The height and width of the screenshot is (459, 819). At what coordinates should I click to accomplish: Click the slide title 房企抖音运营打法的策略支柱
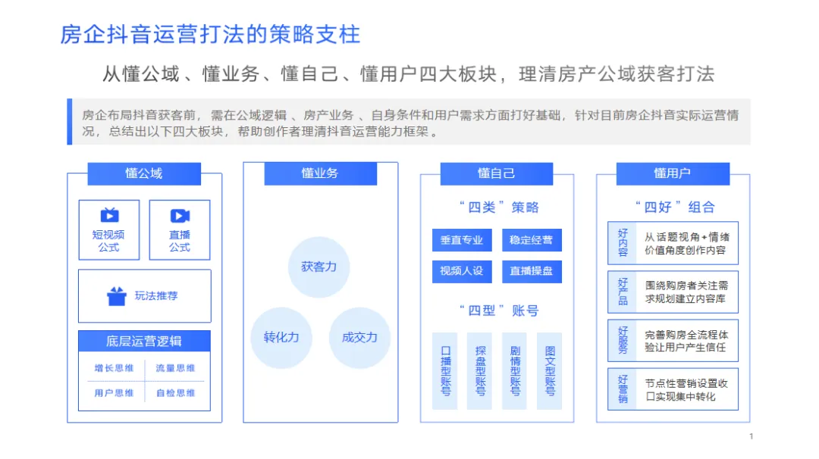[x=210, y=34]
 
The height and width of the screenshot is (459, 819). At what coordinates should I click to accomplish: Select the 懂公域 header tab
[x=144, y=173]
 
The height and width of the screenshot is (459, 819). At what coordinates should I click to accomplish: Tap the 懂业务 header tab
[x=320, y=173]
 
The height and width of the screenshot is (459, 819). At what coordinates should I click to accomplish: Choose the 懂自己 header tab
[x=496, y=173]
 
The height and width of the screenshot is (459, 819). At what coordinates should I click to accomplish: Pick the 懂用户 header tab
[x=672, y=173]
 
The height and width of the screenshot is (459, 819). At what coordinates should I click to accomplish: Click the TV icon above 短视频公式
[x=109, y=216]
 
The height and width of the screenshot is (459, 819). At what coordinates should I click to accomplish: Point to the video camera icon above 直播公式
[x=180, y=216]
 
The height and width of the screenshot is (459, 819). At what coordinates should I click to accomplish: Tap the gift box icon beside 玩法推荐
[x=116, y=296]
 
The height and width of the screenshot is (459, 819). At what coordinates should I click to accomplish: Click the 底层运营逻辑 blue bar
[x=144, y=341]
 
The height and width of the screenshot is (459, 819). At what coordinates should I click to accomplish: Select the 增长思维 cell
[x=114, y=369]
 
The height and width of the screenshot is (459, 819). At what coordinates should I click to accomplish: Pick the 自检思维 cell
[x=175, y=393]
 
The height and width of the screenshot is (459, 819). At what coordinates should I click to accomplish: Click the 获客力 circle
[x=319, y=267]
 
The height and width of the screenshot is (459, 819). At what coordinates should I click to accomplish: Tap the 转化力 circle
[x=281, y=337]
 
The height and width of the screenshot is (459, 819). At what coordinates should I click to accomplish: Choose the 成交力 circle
[x=359, y=337]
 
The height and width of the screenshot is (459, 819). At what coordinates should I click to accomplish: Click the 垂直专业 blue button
[x=462, y=240]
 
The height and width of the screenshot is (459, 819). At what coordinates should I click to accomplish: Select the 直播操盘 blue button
[x=532, y=270]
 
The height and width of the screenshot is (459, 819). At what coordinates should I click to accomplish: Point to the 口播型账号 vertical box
[x=445, y=371]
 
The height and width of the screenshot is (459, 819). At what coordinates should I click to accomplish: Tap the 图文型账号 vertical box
[x=550, y=371]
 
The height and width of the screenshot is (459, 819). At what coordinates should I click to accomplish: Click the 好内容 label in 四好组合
[x=623, y=242]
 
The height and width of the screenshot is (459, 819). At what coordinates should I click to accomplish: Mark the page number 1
[x=751, y=436]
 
